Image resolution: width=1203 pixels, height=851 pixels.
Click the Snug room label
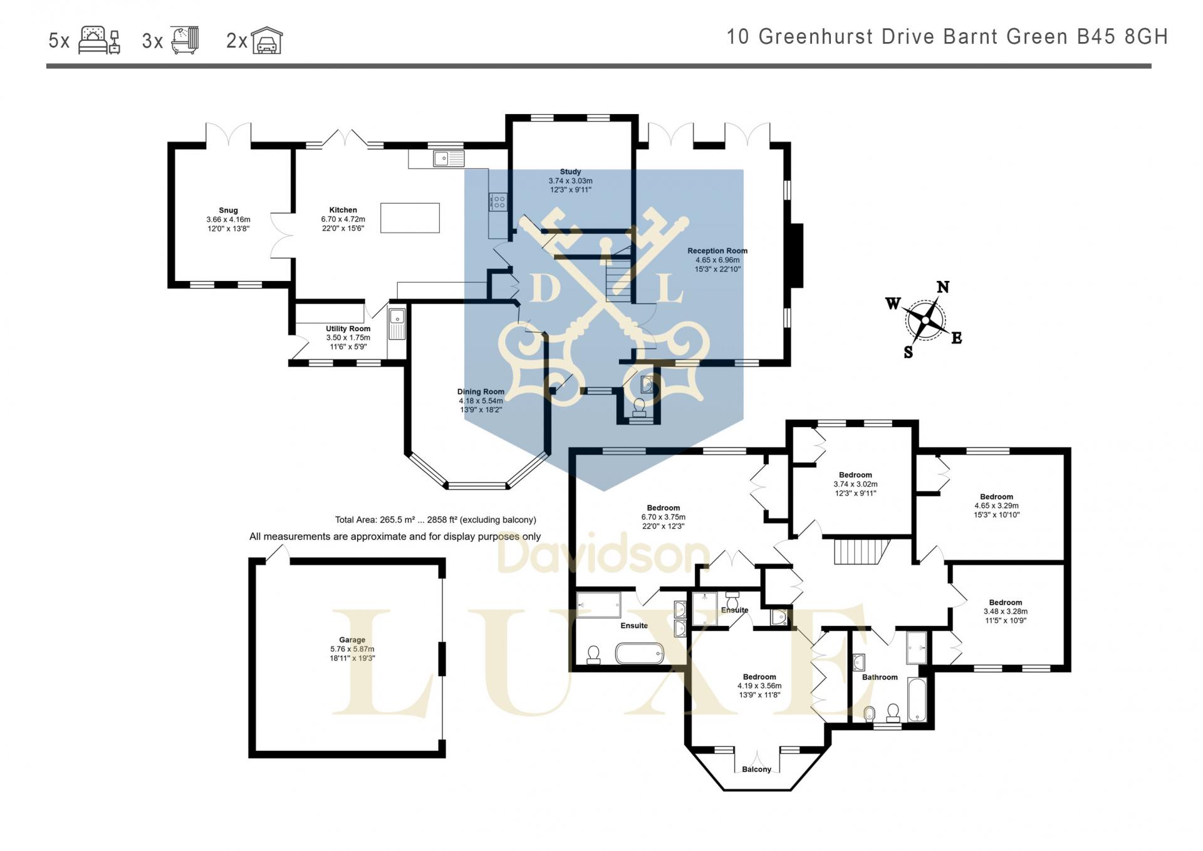[x=228, y=211]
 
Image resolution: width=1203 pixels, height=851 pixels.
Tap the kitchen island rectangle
[x=410, y=218]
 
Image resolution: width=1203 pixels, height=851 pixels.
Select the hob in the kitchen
[x=498, y=202]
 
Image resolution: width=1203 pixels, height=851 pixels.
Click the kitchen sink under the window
[x=448, y=159]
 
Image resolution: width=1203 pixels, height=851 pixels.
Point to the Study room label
[x=570, y=172]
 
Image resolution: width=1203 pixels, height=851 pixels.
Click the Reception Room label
[x=717, y=251]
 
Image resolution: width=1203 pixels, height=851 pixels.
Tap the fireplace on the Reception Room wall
[x=796, y=255]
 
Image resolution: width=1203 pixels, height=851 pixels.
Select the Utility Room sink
[x=397, y=324]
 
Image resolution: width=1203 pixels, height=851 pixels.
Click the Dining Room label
[x=481, y=392]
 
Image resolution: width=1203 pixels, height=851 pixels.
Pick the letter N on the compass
[x=942, y=287]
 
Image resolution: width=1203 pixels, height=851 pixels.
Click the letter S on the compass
[x=909, y=352]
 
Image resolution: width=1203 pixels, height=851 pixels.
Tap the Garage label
[x=352, y=640]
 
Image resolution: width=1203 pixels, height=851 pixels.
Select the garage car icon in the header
[x=267, y=41]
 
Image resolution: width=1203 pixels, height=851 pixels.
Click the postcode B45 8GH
[x=1122, y=37]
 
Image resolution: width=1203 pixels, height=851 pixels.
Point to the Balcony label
[x=756, y=769]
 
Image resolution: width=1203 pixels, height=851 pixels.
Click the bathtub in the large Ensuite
[x=639, y=653]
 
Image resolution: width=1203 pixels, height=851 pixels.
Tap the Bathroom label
[x=880, y=677]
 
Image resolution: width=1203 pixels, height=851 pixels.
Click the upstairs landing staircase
[x=862, y=551]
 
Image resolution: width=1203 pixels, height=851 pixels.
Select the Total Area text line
[x=435, y=520]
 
